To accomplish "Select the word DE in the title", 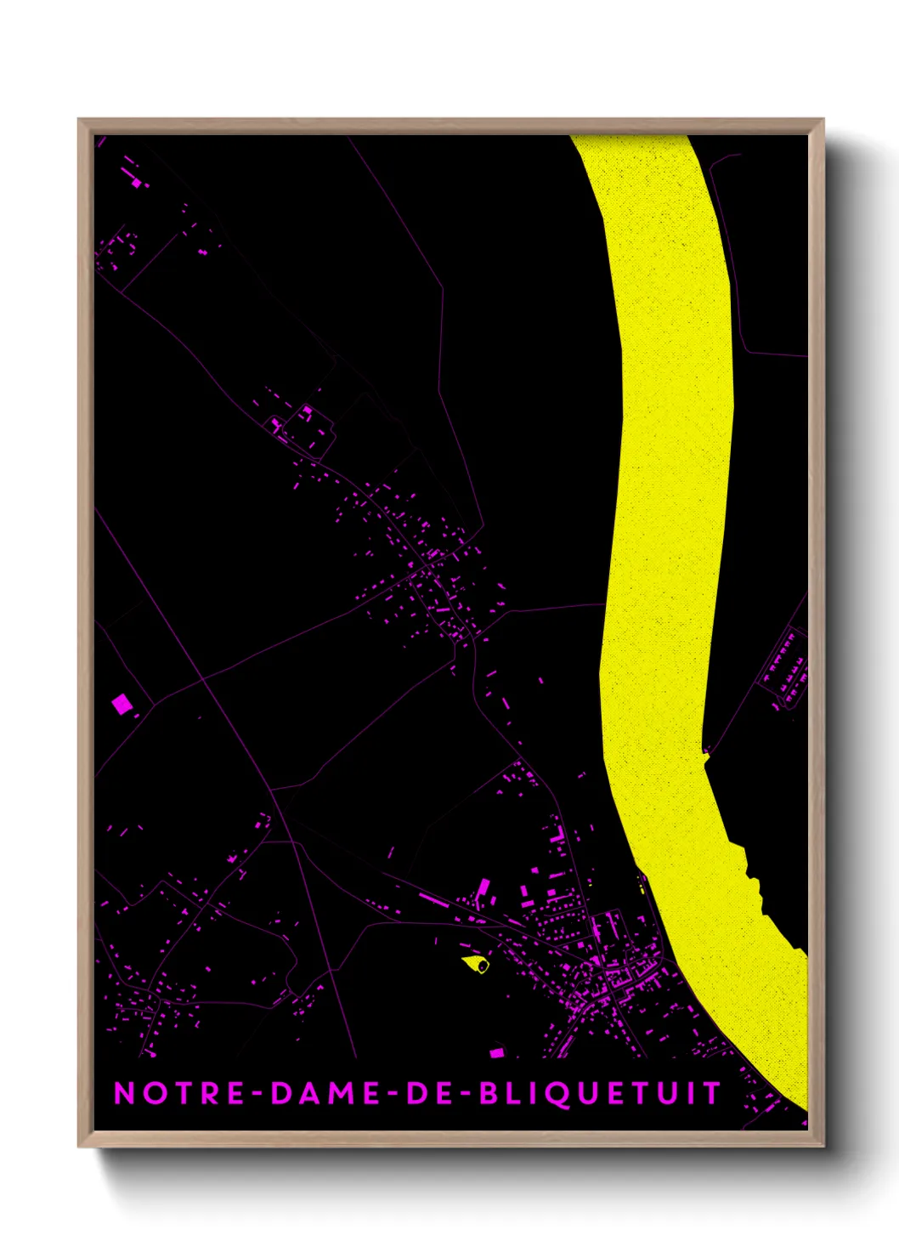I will pos(429,1093).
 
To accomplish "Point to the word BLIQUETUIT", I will pos(601,1093).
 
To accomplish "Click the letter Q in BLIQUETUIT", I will pos(568,1094).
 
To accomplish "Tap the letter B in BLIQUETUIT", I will pos(489,1093).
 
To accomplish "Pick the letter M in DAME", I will pos(341,1093).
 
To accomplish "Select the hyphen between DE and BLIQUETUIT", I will pos(465,1094).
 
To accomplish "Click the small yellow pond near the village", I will pos(477,963).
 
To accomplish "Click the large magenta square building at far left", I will pos(122,703).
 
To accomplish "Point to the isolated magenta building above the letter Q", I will pos(497,1053).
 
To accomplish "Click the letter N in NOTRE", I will pos(124,1093).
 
